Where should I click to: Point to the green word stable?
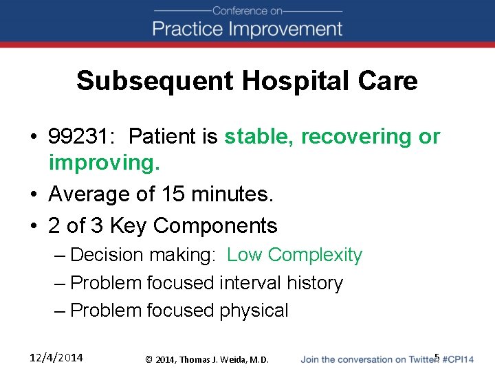coord(258,137)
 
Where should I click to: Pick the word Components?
coord(215,225)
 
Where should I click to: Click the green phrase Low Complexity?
coord(294,255)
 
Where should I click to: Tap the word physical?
coord(254,311)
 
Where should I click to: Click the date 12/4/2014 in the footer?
coord(56,357)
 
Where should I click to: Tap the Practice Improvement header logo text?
coord(247,29)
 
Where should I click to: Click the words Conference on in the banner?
coord(247,10)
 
